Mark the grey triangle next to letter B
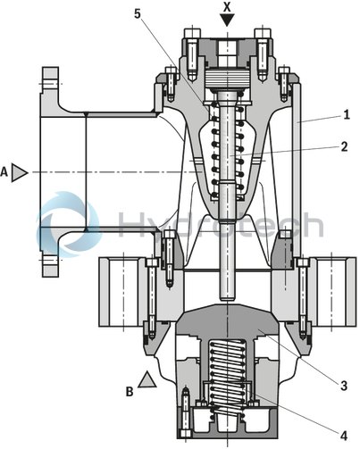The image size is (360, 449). click(148, 382)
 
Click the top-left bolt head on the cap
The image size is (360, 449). click(192, 39)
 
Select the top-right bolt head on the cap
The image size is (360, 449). click(264, 39)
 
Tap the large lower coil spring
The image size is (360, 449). click(229, 375)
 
